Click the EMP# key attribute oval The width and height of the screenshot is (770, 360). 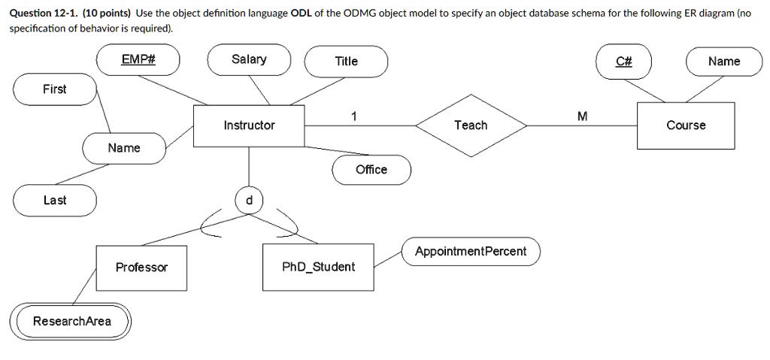pos(138,61)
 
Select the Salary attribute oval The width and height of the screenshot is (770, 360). pos(249,60)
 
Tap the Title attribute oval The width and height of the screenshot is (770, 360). pos(346,62)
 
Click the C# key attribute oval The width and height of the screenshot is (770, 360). pos(623,62)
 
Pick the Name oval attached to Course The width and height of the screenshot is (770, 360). pos(724,62)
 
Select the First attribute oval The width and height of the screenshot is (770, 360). pos(54,89)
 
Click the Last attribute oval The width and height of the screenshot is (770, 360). pos(54,200)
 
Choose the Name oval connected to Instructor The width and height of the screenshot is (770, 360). pos(124,148)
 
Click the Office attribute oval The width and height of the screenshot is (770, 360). pos(371,170)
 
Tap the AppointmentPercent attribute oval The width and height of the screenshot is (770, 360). pos(471,251)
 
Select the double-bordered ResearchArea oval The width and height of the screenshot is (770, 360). pos(71,322)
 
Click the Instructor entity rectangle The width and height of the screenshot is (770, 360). pos(249,126)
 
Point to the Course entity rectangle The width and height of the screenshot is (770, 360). pos(686,126)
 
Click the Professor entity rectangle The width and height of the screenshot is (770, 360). pos(141,268)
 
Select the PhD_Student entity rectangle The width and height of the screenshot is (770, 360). pos(318,267)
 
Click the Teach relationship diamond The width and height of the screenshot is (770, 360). pos(471,126)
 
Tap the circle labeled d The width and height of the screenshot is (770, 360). pos(249,200)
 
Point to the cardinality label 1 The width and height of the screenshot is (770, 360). pos(353,116)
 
